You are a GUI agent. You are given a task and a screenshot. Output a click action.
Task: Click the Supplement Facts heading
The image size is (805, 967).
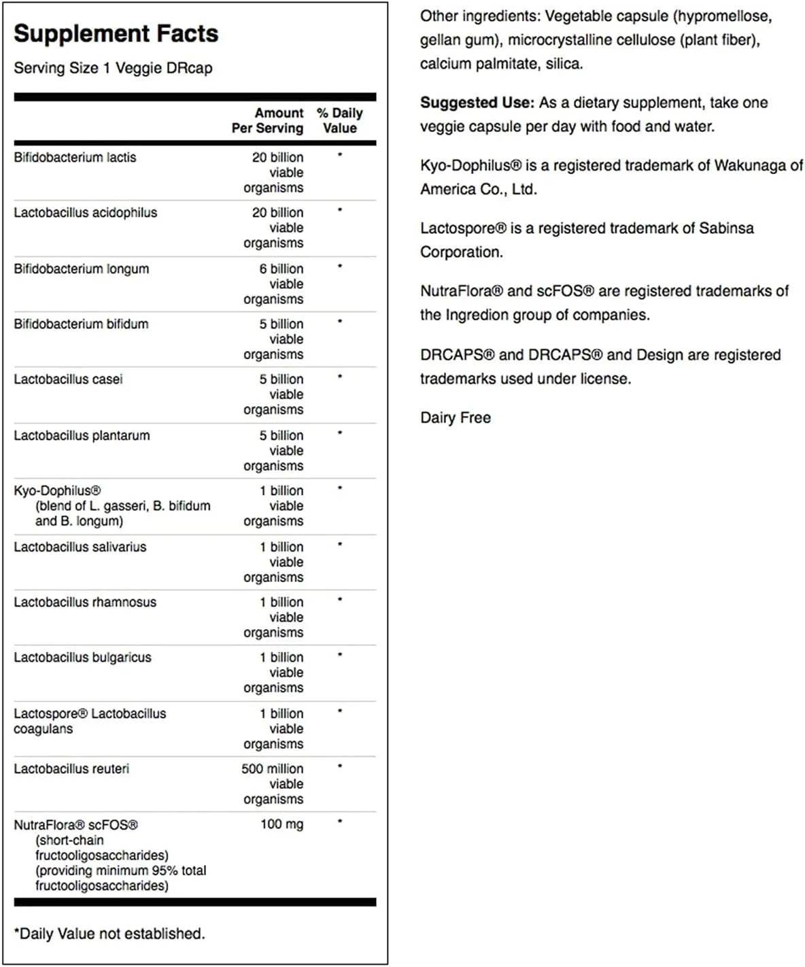point(116,33)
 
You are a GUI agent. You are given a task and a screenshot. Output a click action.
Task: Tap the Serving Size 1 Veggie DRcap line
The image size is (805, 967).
point(113,68)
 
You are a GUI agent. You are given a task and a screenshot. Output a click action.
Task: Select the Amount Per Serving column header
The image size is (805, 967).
point(268,120)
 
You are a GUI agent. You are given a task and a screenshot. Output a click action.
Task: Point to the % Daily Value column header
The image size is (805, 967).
point(340,120)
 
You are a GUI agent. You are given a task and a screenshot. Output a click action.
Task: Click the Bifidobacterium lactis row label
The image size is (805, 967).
point(75,157)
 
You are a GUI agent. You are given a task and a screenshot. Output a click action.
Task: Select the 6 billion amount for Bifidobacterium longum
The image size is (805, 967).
point(281,269)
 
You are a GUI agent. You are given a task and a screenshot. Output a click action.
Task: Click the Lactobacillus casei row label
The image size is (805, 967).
point(68,379)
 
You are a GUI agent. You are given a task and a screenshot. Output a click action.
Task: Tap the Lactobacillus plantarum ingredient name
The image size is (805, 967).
point(82,435)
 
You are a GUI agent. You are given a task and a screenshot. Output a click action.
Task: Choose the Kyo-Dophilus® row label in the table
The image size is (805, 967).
point(57,491)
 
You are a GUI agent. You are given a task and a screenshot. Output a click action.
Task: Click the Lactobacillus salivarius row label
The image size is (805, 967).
point(80,547)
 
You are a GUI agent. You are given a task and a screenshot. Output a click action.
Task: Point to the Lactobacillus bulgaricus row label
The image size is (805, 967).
point(82,658)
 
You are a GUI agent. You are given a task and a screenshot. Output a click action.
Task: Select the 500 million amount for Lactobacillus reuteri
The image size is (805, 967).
point(272,769)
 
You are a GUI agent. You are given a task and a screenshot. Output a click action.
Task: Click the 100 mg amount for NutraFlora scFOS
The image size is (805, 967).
point(281,824)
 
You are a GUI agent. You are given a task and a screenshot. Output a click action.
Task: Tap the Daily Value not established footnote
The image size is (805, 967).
point(109,934)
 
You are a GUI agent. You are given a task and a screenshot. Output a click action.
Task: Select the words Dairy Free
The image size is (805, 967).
point(456,418)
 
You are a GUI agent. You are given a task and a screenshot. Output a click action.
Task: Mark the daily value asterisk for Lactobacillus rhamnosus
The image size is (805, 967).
point(340,600)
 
